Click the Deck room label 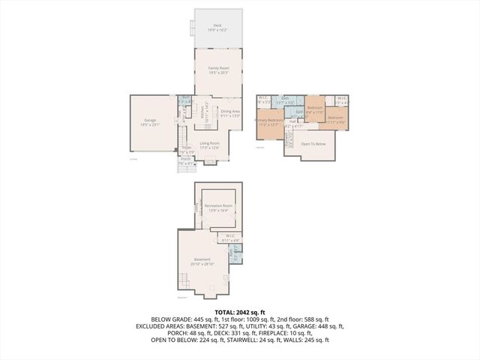pyautogui.click(x=217, y=25)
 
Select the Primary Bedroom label pyautogui.click(x=270, y=120)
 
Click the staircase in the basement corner pyautogui.click(x=184, y=283)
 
